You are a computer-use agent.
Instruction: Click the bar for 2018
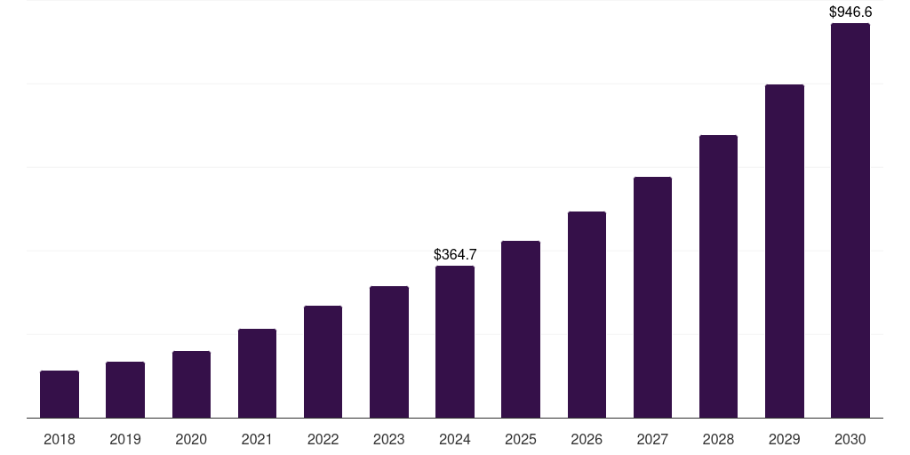60,395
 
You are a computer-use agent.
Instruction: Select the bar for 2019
125,390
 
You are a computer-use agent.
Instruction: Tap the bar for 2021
257,373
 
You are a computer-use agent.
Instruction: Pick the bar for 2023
389,352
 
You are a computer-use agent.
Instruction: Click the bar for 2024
455,342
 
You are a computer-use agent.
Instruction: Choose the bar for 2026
587,315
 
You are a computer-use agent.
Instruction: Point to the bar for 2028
718,276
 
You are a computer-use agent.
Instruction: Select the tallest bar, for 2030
850,220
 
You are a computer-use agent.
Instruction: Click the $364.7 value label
455,255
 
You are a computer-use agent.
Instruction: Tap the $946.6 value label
850,12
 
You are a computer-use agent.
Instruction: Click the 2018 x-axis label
60,440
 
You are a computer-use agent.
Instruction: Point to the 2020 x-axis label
191,440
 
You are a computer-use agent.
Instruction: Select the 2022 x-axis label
323,440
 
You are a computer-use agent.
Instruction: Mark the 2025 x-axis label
521,440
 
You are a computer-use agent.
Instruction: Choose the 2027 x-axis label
652,440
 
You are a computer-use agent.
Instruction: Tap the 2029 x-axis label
785,440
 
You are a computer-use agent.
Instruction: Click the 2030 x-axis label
850,440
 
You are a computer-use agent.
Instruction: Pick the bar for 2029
785,251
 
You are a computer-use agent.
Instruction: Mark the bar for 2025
521,330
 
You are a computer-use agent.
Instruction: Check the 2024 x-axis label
455,440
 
